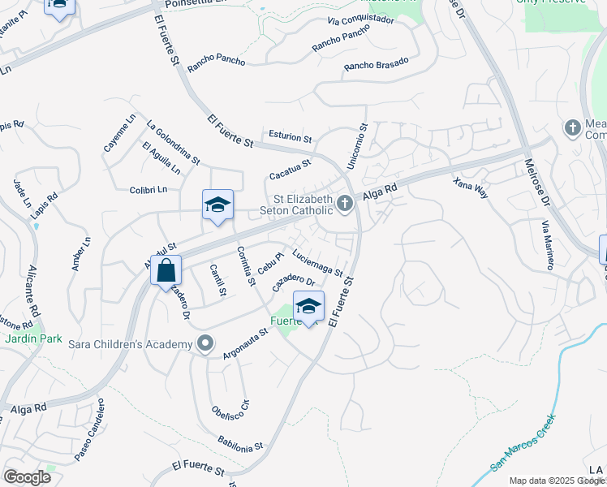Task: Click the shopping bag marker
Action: [166, 271]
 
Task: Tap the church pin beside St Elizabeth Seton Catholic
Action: [346, 203]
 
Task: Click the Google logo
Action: [27, 477]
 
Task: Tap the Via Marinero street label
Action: [547, 243]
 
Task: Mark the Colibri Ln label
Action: [147, 189]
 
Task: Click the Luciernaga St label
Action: [317, 262]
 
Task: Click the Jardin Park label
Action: [24, 338]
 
